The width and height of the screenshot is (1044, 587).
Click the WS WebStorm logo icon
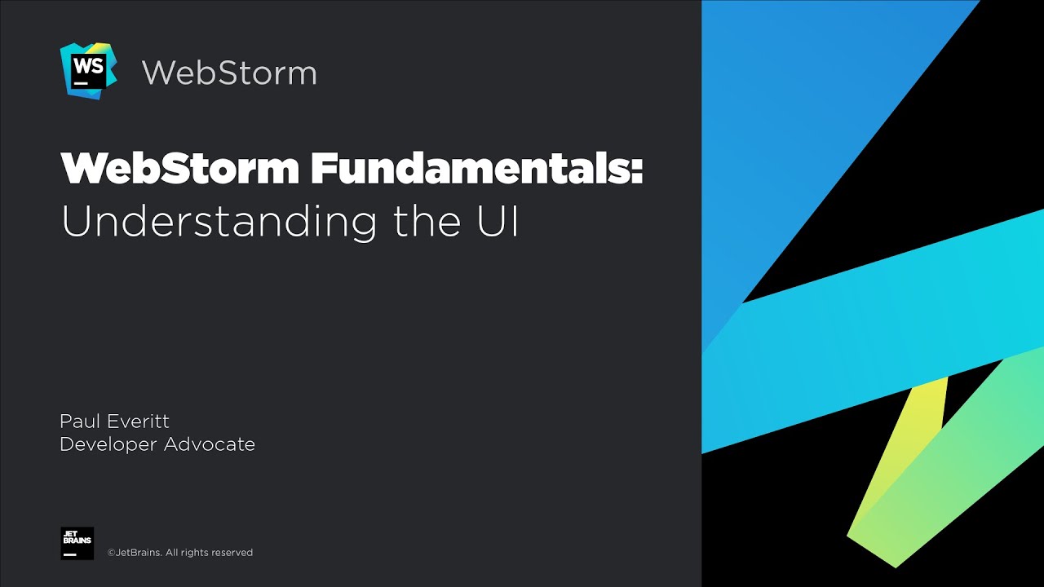88,71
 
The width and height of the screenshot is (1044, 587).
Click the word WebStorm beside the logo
229,73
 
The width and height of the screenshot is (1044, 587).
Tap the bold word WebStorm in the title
180,168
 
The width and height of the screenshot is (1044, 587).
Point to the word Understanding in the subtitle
219,222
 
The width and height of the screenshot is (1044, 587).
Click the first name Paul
78,421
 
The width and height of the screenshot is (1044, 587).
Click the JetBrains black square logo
77,543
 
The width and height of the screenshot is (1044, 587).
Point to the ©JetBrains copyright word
135,553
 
